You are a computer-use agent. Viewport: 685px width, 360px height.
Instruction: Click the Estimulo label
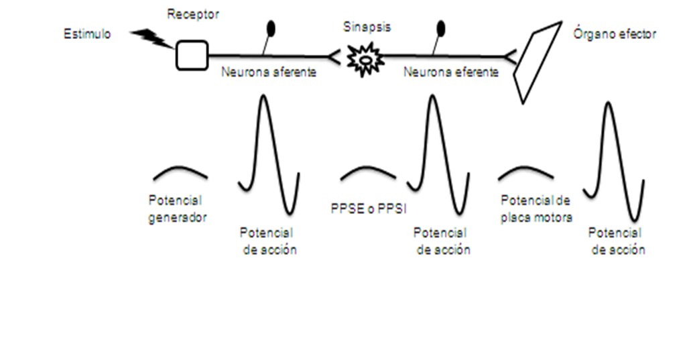click(87, 34)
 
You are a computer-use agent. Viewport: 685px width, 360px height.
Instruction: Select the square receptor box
click(192, 55)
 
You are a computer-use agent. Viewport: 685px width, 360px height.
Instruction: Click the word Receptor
click(193, 15)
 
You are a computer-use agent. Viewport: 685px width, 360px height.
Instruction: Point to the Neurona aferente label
click(269, 72)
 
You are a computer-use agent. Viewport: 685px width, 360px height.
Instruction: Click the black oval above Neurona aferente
click(271, 28)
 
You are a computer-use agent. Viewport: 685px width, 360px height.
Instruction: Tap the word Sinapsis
click(367, 27)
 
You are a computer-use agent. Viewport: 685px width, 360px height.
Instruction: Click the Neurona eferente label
click(451, 72)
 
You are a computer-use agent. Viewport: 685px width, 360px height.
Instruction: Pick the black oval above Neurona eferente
click(440, 28)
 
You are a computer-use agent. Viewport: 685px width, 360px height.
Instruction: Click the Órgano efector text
click(615, 34)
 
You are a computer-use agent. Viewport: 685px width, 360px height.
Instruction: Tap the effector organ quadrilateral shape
click(536, 60)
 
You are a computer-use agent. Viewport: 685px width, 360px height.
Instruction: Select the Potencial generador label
click(178, 209)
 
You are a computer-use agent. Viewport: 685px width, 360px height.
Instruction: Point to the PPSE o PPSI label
click(368, 208)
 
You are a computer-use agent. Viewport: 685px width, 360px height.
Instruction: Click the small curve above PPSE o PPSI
click(367, 172)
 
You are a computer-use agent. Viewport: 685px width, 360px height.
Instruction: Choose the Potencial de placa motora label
click(536, 209)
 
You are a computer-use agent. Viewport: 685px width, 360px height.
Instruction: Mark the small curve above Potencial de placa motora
click(526, 172)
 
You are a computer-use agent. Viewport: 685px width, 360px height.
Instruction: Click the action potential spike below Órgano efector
click(613, 161)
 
